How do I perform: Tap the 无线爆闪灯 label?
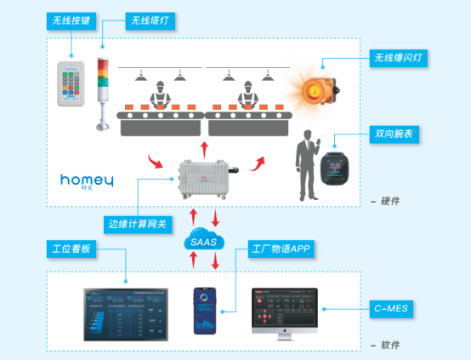(x=398, y=58)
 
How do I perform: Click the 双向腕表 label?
(x=394, y=134)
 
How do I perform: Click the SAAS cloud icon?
(x=203, y=243)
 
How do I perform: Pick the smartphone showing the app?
(x=206, y=309)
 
